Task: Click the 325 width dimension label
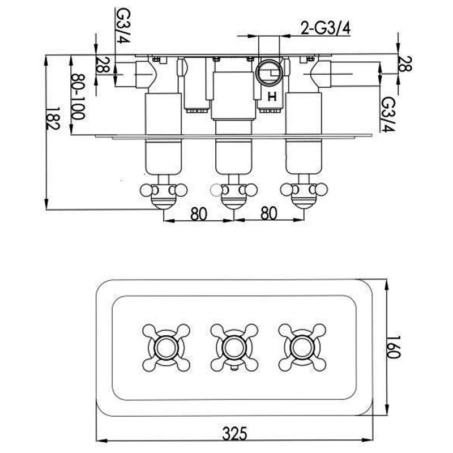click(234, 433)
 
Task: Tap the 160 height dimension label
click(393, 347)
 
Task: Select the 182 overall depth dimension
click(53, 119)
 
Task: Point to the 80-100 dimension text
click(78, 97)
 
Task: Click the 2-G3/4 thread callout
click(326, 28)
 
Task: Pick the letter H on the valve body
click(272, 96)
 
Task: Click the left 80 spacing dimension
click(199, 213)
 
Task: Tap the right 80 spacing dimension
click(268, 213)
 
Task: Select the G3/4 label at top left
click(123, 25)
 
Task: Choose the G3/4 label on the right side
click(388, 114)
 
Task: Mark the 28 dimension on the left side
click(102, 65)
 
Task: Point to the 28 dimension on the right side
click(405, 63)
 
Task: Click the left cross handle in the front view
click(166, 348)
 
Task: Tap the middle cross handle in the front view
click(234, 348)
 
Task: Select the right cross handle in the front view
click(302, 348)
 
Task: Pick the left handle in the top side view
click(164, 191)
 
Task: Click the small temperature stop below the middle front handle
click(234, 367)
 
